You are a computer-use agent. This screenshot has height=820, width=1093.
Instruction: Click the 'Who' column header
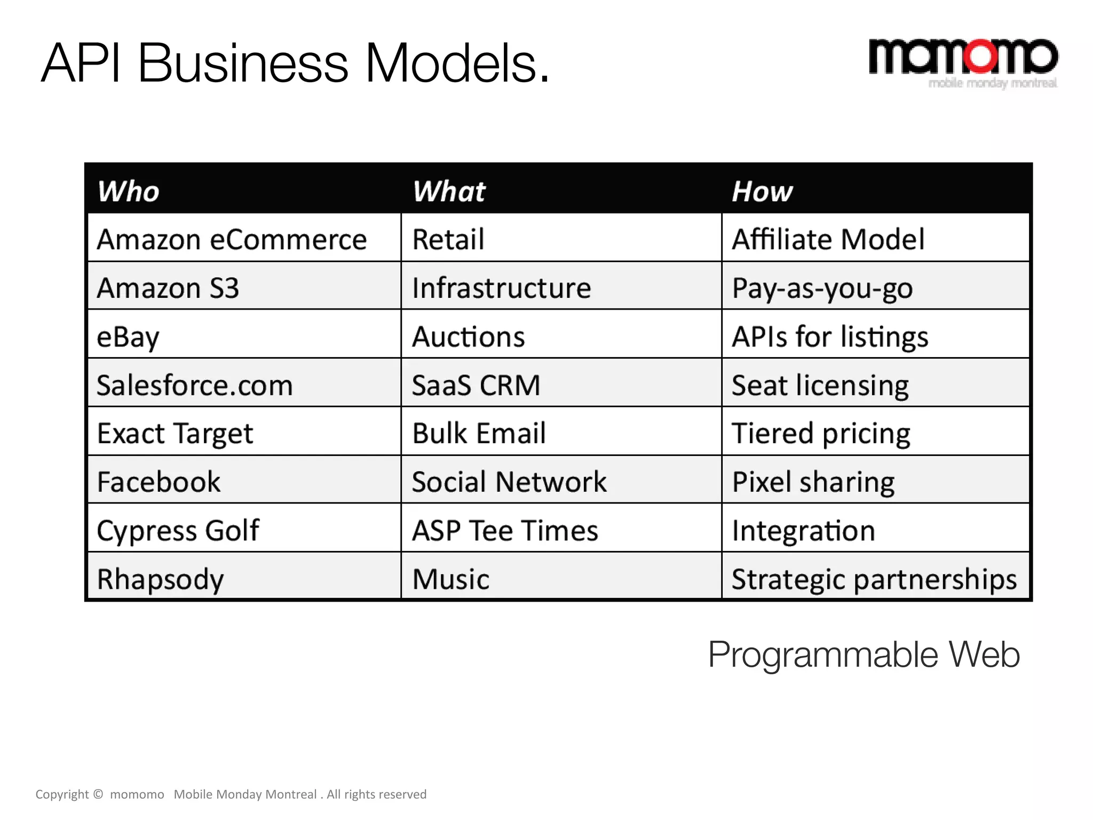coord(128,191)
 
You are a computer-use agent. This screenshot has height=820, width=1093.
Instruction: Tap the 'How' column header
coord(762,191)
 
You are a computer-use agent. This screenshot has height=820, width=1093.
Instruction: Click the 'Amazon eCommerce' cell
coord(232,239)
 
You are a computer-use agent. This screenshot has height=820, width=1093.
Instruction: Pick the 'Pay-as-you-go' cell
coord(822,288)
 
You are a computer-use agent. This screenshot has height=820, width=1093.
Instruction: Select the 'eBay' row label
coord(128,337)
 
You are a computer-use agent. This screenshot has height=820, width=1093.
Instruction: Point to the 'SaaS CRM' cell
coord(476,385)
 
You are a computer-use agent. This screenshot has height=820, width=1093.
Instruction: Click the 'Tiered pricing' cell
coord(821,433)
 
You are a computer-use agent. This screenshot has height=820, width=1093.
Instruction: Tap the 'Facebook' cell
coord(159,482)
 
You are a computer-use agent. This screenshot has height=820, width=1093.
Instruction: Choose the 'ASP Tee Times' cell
coord(505,531)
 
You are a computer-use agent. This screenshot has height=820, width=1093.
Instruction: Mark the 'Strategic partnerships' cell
coord(874,579)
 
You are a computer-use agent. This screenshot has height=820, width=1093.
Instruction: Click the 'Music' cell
coord(451,579)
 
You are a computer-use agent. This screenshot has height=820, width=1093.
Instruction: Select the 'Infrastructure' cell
coord(501,288)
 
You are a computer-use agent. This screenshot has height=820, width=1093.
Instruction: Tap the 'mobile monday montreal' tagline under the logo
coord(993,83)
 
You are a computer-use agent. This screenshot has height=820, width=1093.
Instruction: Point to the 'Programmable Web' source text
coord(864,655)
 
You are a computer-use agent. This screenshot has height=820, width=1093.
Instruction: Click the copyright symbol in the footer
coord(98,794)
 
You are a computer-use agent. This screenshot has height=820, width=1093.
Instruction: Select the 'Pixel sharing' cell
coord(813,482)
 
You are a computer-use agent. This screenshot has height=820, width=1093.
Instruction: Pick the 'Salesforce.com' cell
coord(195,385)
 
